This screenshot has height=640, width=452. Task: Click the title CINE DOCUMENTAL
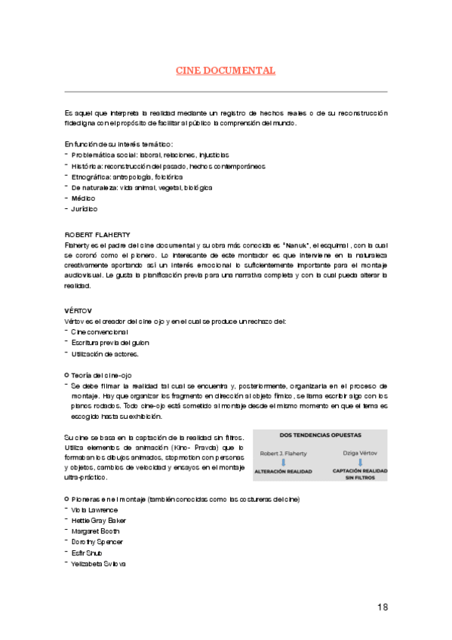226,71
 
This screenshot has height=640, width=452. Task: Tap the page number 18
383,608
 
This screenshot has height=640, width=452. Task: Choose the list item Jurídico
85,208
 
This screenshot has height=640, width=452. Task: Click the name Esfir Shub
88,552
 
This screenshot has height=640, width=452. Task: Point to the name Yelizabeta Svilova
99,564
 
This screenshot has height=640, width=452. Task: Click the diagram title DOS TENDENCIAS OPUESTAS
320,435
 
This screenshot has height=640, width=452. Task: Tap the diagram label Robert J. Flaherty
284,454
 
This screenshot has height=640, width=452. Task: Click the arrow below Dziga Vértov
360,462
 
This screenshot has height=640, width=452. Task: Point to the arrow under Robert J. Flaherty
283,462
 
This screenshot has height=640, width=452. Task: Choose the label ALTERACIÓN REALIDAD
284,471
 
